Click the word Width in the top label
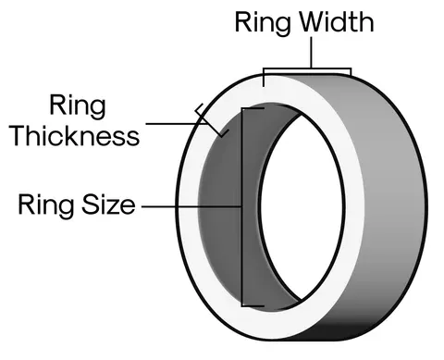click(337, 22)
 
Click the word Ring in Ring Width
click(263, 24)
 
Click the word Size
click(108, 205)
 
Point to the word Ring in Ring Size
click(46, 206)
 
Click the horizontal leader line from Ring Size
click(191, 206)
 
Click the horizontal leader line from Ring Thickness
click(177, 124)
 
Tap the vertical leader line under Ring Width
click(311, 53)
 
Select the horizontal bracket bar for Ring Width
click(307, 68)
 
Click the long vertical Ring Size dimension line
click(242, 207)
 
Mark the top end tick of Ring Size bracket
click(253, 108)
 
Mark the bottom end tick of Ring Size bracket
click(253, 306)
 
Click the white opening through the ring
click(302, 206)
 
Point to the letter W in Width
click(312, 22)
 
